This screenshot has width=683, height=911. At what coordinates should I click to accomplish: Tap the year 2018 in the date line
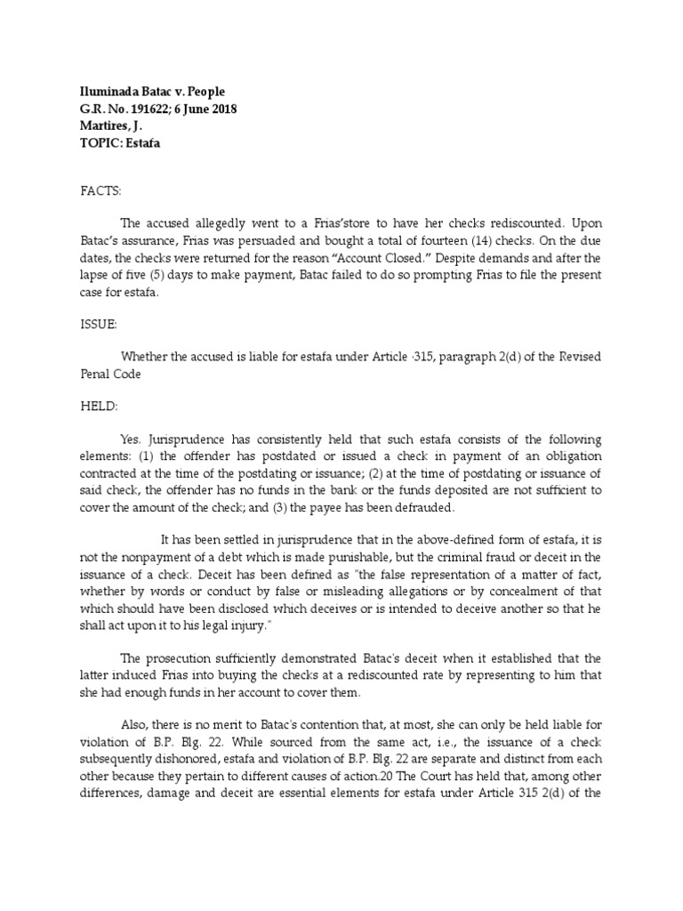221,109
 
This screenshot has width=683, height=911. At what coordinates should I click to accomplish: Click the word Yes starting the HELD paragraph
131,439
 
